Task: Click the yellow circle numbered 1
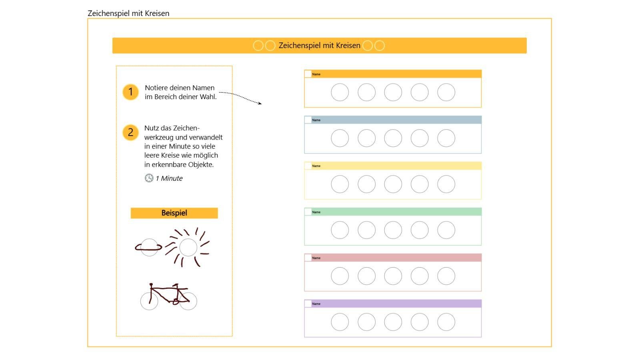(x=130, y=92)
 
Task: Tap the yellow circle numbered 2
(x=130, y=132)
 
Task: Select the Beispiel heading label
(x=174, y=213)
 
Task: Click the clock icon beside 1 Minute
(x=149, y=178)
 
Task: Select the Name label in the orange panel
(x=316, y=74)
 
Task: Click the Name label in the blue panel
(x=316, y=120)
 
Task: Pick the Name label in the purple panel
(x=316, y=304)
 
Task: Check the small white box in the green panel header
(x=308, y=212)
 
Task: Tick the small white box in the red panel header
(x=308, y=258)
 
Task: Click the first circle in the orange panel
(x=340, y=92)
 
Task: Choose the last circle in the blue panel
(x=446, y=138)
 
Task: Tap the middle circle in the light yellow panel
(x=393, y=184)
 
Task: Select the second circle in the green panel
(x=366, y=230)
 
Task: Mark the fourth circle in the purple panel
(x=420, y=322)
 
